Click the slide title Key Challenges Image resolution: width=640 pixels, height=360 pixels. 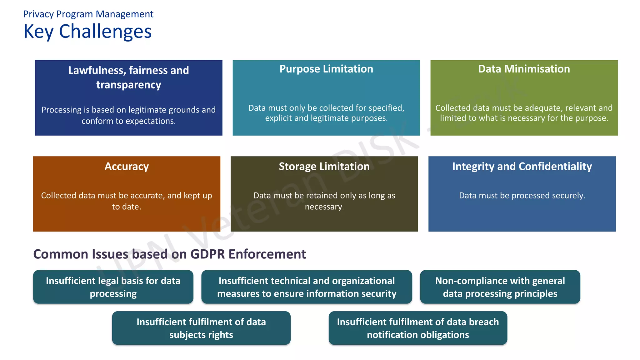[x=87, y=32]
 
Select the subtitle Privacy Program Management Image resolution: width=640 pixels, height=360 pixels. [x=88, y=14]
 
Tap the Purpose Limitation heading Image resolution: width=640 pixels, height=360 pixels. [x=326, y=69]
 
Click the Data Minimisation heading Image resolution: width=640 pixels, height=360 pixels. [x=524, y=69]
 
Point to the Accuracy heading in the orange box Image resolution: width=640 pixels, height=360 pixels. [x=127, y=166]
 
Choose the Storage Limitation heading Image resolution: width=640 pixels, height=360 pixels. [x=324, y=166]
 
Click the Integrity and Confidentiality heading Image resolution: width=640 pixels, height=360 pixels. [x=522, y=166]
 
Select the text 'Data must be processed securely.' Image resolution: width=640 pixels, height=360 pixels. [x=522, y=195]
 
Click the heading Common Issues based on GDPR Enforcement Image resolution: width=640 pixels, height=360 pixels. [x=169, y=254]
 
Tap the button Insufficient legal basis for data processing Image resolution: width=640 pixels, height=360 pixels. [x=113, y=287]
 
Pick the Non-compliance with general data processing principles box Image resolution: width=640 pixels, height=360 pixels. [x=500, y=287]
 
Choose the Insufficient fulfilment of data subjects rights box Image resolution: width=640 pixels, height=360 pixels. [x=201, y=328]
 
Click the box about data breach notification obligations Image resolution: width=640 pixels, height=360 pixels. [x=418, y=328]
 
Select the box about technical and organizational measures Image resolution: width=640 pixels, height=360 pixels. [x=307, y=287]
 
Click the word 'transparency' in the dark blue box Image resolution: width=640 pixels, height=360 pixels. [x=128, y=85]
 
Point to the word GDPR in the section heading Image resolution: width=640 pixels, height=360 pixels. [x=207, y=254]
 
